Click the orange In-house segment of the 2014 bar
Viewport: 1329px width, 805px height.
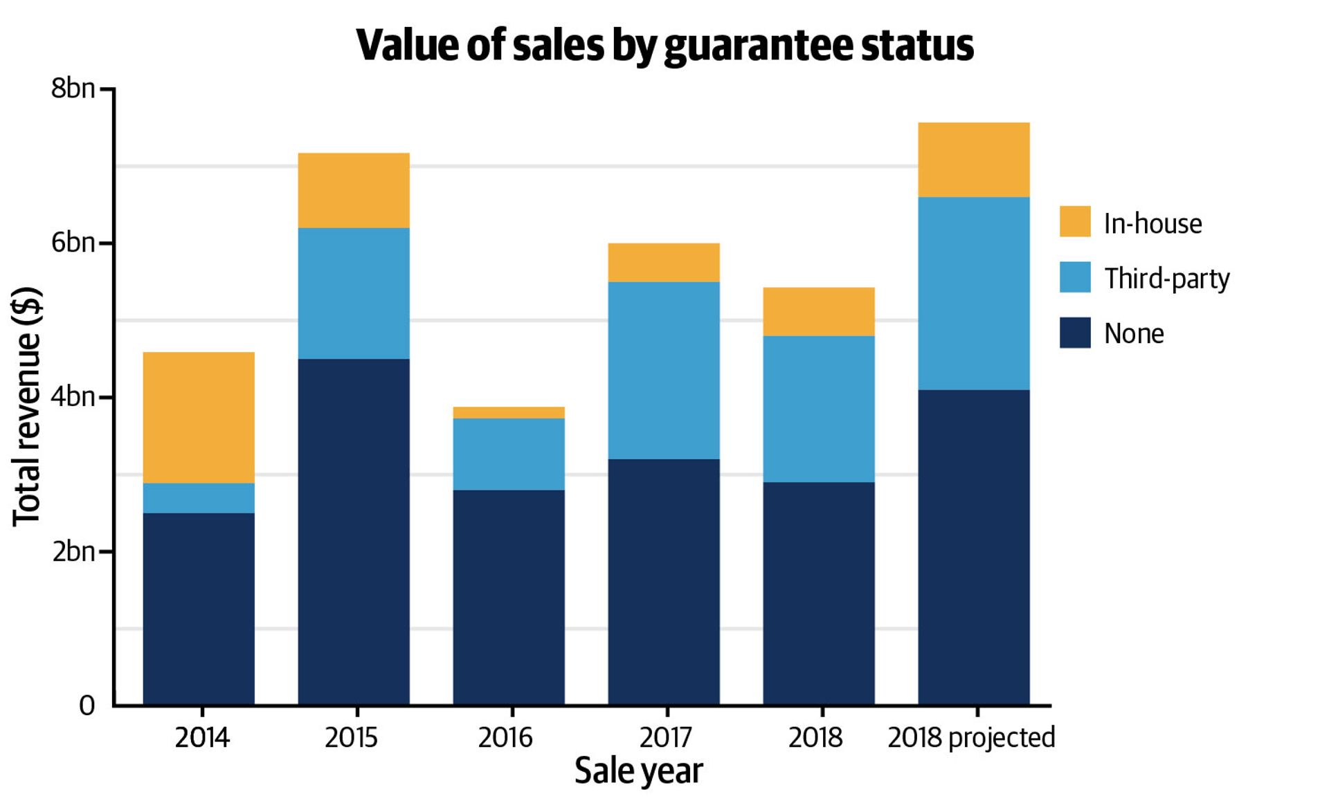[199, 417]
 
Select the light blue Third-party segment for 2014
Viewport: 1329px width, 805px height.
[199, 498]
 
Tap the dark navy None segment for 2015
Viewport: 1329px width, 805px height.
[354, 531]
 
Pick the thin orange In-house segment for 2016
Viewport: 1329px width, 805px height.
[509, 413]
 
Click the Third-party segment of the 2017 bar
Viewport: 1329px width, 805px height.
[664, 370]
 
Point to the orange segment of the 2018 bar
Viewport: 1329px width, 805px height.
[819, 311]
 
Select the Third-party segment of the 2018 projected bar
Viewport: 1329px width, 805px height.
[974, 293]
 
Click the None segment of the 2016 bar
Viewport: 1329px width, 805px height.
[509, 597]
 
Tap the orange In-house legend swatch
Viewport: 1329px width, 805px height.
[1075, 221]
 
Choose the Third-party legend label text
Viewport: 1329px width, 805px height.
[1167, 278]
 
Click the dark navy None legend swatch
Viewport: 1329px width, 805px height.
[1075, 333]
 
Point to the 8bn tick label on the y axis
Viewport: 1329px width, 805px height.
[73, 89]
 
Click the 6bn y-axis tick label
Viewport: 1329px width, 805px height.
[73, 243]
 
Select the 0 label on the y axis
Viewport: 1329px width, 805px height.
[87, 705]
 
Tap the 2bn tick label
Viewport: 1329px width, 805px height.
[73, 551]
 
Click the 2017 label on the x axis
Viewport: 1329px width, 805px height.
[665, 738]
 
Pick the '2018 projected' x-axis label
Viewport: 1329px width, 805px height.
[971, 738]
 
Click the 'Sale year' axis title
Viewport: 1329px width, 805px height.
[638, 771]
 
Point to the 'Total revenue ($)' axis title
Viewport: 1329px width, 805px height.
[28, 406]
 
